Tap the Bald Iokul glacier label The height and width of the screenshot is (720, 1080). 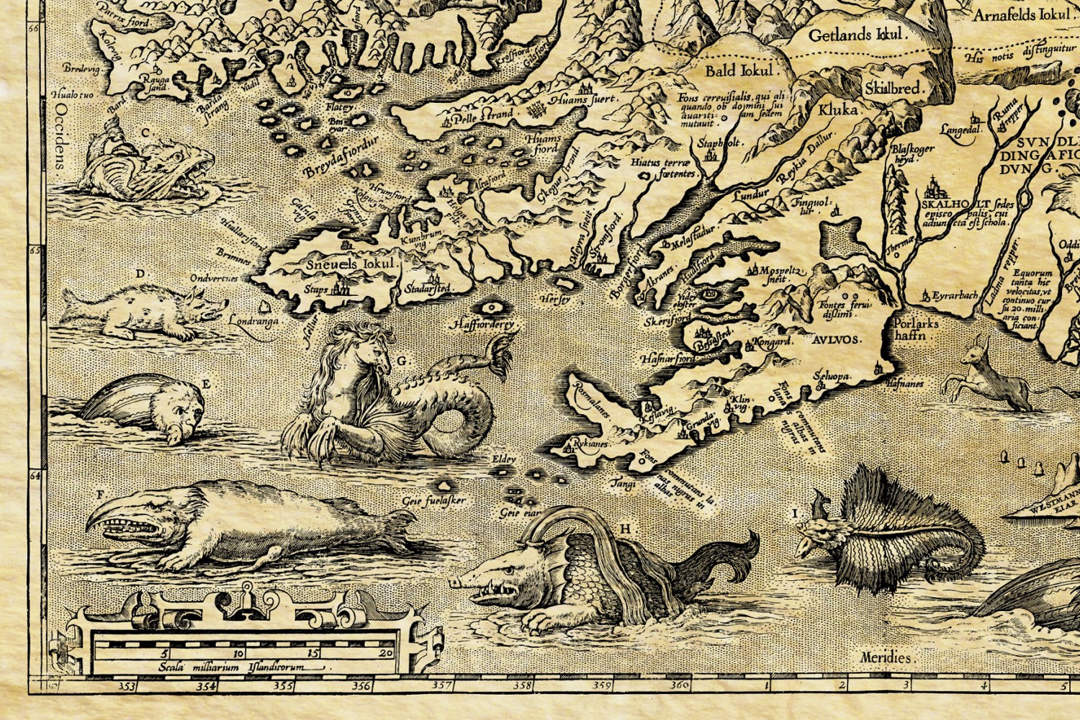click(739, 71)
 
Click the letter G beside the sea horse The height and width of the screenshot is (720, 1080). click(402, 361)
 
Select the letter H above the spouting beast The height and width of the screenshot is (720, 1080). click(626, 529)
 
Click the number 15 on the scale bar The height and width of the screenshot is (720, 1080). click(312, 653)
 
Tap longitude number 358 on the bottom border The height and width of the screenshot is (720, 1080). click(522, 686)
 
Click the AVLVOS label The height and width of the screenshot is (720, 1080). click(836, 340)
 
